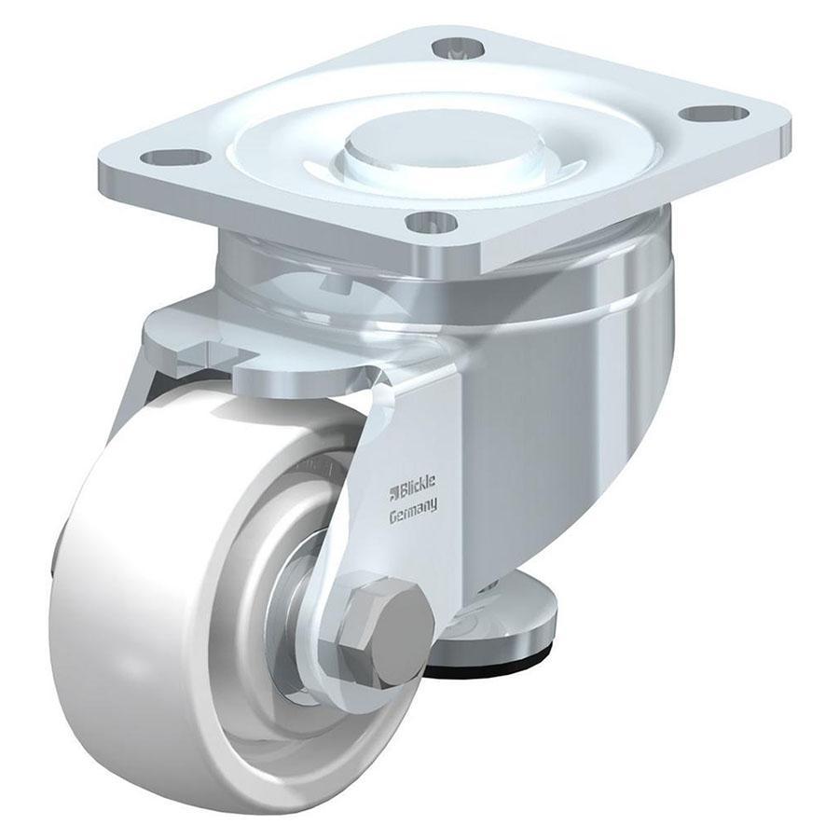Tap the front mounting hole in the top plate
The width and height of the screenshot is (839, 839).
tap(431, 222)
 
